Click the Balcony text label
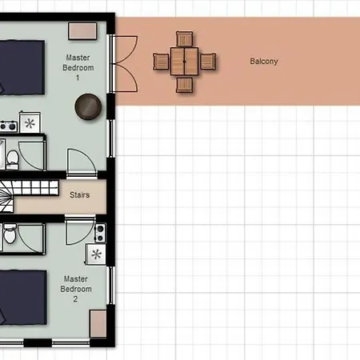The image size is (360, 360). (x=264, y=62)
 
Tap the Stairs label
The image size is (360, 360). (x=79, y=195)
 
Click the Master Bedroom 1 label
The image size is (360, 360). (x=78, y=68)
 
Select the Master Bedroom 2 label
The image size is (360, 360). (x=76, y=289)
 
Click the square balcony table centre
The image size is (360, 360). (x=184, y=62)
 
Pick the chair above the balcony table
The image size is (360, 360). (x=184, y=39)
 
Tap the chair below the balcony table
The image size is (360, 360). (x=184, y=85)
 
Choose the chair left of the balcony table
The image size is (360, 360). (x=161, y=62)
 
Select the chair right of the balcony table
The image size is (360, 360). (x=208, y=62)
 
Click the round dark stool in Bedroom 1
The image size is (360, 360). (x=88, y=106)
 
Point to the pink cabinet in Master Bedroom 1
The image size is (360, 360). (x=82, y=31)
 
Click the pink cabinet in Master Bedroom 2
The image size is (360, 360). (x=98, y=324)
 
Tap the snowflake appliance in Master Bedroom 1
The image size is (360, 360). (x=30, y=123)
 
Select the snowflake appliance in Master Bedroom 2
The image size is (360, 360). (x=96, y=254)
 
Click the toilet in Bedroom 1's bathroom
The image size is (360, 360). (x=12, y=160)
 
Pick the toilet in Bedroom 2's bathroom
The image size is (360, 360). (x=10, y=234)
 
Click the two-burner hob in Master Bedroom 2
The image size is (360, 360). (x=100, y=233)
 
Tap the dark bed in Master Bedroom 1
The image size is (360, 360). (x=22, y=67)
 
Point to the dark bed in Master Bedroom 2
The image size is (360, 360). (x=23, y=298)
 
